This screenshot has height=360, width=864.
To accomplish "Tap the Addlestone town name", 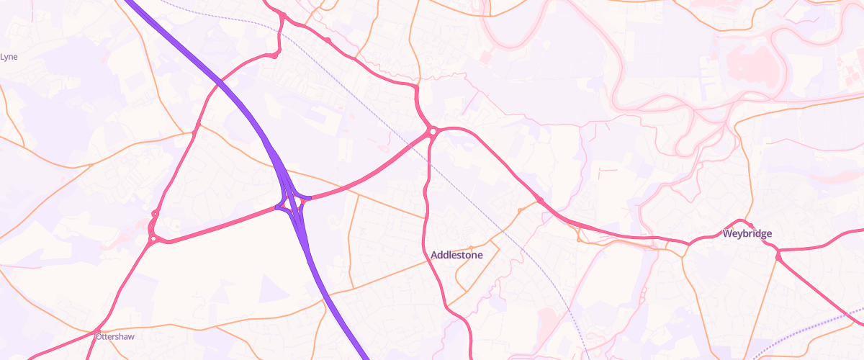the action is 456,255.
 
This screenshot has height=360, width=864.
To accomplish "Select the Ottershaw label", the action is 115,336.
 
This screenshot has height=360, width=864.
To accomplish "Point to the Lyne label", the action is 9,56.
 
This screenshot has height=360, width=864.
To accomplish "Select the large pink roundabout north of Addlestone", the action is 433,131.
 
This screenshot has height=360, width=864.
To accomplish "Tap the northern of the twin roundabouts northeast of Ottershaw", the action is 156,213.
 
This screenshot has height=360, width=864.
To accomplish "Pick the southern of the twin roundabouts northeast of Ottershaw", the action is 153,239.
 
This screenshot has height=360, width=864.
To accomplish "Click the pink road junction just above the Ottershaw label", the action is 98,330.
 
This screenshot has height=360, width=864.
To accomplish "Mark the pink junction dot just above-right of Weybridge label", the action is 747,222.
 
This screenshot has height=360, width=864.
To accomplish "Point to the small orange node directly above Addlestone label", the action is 471,248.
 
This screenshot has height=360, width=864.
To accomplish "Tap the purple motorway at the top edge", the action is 130,3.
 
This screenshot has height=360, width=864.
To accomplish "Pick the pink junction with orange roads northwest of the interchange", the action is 194,132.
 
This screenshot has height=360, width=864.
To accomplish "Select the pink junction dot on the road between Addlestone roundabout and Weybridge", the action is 539,199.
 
